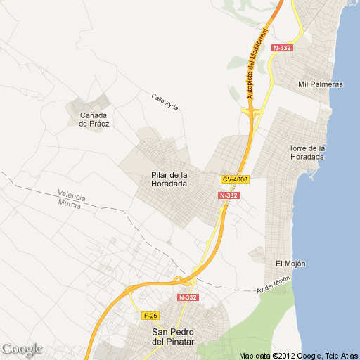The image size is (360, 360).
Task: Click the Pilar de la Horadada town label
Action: [169, 179]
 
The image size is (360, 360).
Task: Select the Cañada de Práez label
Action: [94, 119]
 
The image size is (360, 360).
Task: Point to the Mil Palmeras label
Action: [321, 84]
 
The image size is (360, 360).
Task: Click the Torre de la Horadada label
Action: [307, 152]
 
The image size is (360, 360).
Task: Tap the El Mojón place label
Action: [290, 263]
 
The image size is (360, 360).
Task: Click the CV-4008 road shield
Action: [235, 179]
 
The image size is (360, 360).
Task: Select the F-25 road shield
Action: [149, 315]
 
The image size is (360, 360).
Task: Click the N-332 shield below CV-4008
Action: [229, 195]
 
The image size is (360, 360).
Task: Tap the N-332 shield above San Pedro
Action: [188, 297]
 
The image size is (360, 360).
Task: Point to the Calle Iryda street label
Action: [165, 102]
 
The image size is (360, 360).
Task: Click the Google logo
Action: [22, 349]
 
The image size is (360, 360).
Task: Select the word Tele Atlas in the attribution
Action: [341, 355]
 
